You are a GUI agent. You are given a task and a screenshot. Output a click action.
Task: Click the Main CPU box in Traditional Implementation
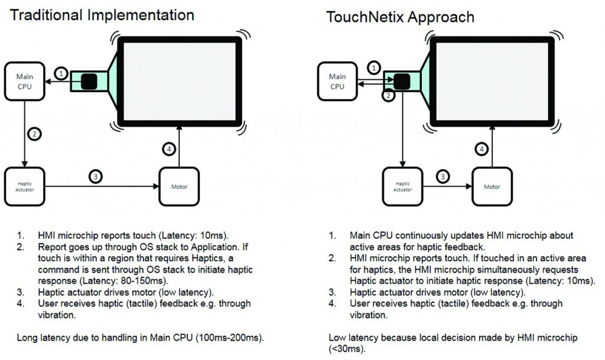click(24, 81)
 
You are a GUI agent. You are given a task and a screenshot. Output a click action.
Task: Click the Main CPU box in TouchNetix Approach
click(337, 81)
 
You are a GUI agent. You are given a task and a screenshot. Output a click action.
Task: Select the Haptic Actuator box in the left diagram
click(24, 187)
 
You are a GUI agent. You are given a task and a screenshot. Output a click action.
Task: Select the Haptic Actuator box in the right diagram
click(403, 187)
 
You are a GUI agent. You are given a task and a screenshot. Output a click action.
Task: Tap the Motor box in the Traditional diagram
click(179, 187)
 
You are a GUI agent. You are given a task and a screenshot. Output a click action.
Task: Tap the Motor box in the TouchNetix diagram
click(492, 187)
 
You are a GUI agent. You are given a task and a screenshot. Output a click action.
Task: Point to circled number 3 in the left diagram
click(95, 176)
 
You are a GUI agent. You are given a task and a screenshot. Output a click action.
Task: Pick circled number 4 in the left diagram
click(169, 149)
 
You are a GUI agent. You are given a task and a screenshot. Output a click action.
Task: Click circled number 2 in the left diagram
click(34, 134)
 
